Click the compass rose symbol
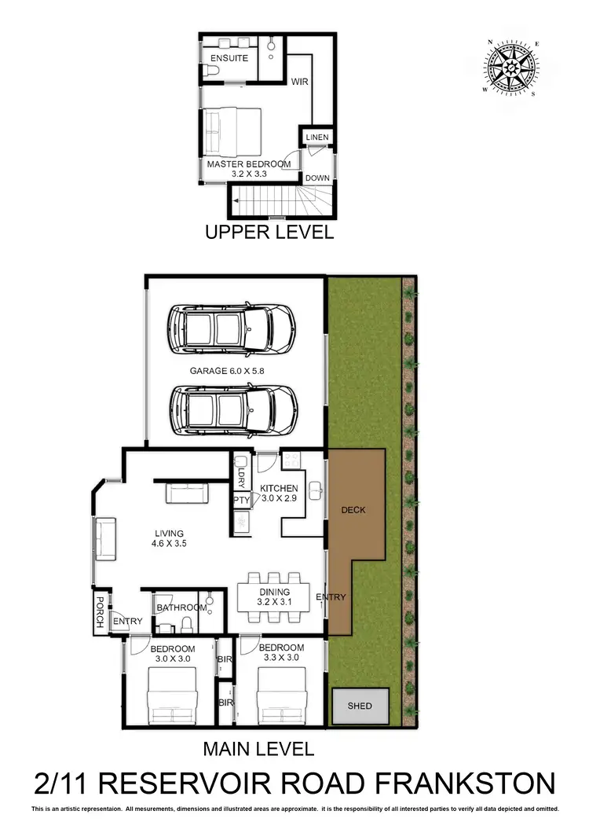tap(513, 68)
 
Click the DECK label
tap(353, 510)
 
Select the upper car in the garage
tap(231, 328)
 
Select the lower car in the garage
tap(233, 410)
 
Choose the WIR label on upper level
tap(299, 81)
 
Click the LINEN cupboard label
tap(317, 138)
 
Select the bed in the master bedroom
tap(232, 131)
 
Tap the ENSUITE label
tap(229, 58)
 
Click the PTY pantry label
tap(241, 500)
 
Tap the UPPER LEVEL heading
tap(269, 232)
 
